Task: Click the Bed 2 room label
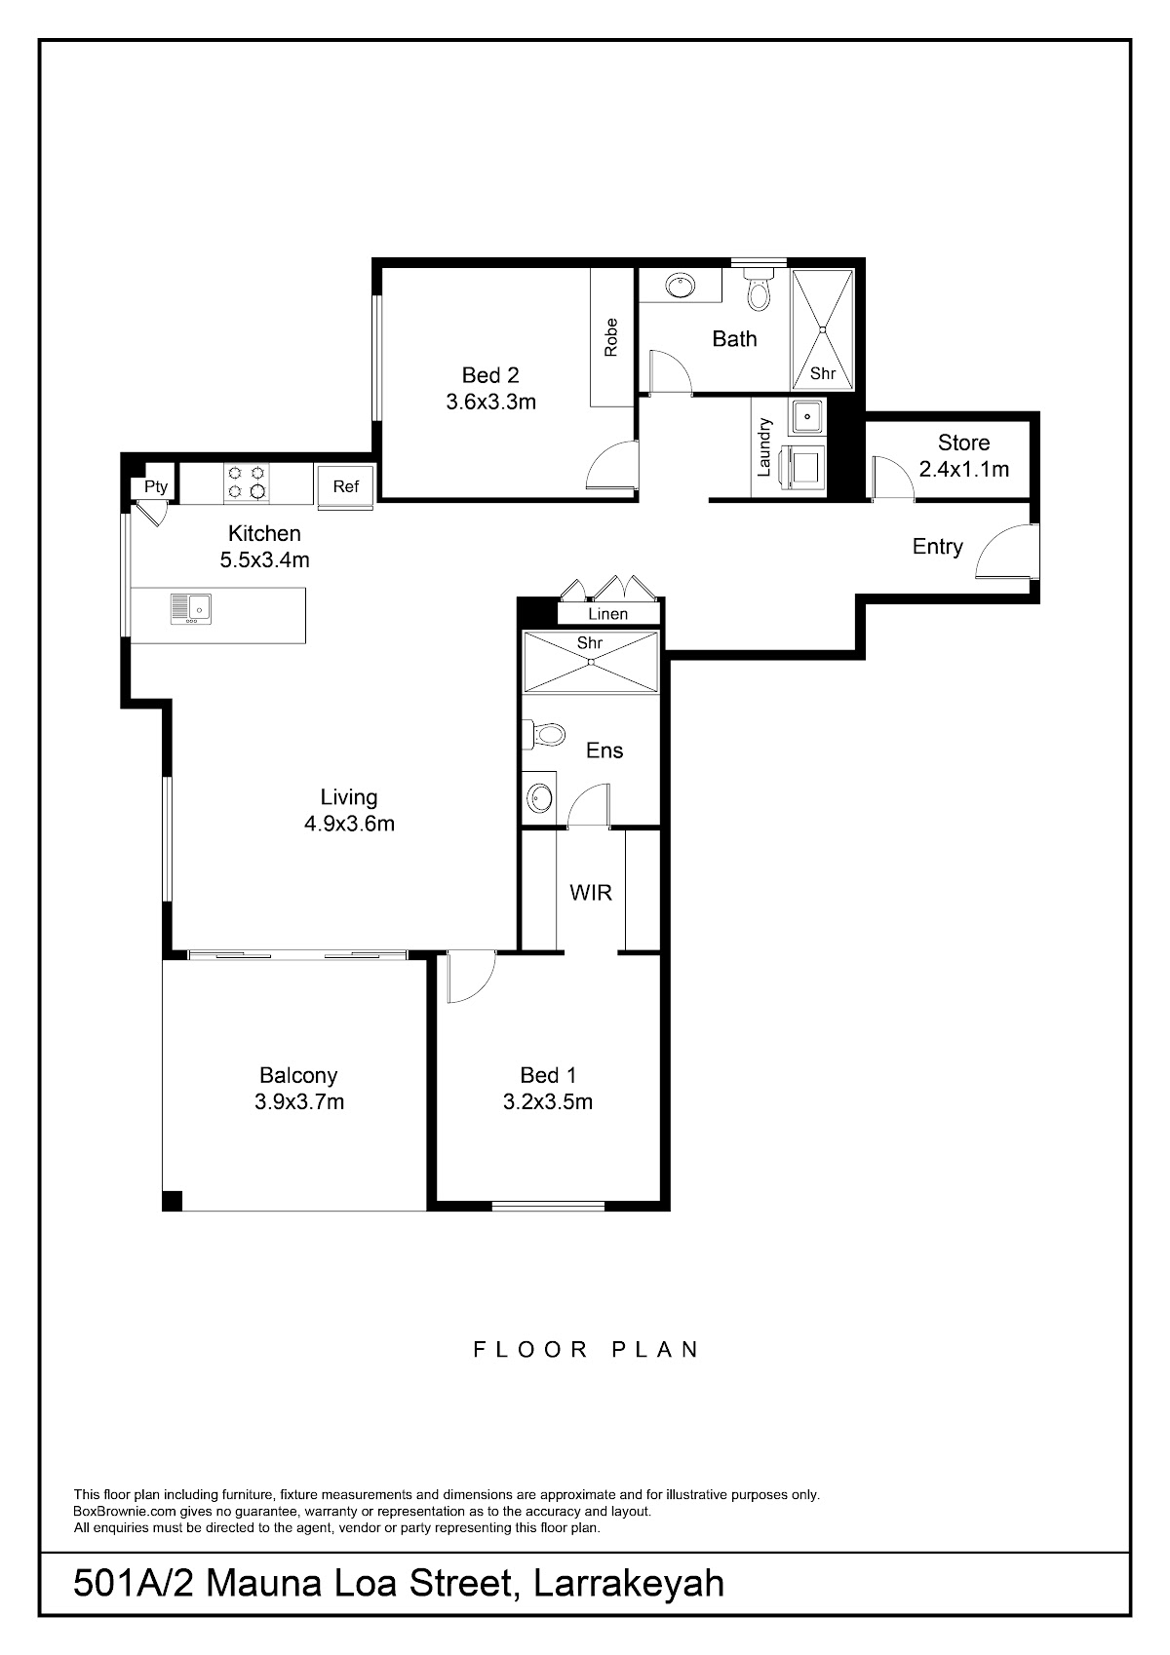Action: click(x=490, y=375)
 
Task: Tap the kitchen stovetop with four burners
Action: click(x=246, y=483)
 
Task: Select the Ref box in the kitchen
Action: click(x=346, y=485)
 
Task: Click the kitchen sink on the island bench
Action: click(x=191, y=608)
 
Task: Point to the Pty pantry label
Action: click(x=156, y=487)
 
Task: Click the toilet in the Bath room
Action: click(x=759, y=289)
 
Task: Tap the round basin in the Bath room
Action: click(x=680, y=285)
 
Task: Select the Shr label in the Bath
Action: click(x=823, y=373)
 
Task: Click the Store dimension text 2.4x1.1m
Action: click(x=964, y=469)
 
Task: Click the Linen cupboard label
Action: click(x=608, y=614)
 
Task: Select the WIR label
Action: click(x=591, y=893)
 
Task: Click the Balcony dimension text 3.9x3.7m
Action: click(x=299, y=1101)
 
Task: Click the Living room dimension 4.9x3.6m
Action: click(x=349, y=823)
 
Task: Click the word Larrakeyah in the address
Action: click(x=628, y=1583)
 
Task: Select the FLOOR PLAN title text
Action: click(x=585, y=1350)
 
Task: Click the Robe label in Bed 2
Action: click(x=610, y=337)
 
